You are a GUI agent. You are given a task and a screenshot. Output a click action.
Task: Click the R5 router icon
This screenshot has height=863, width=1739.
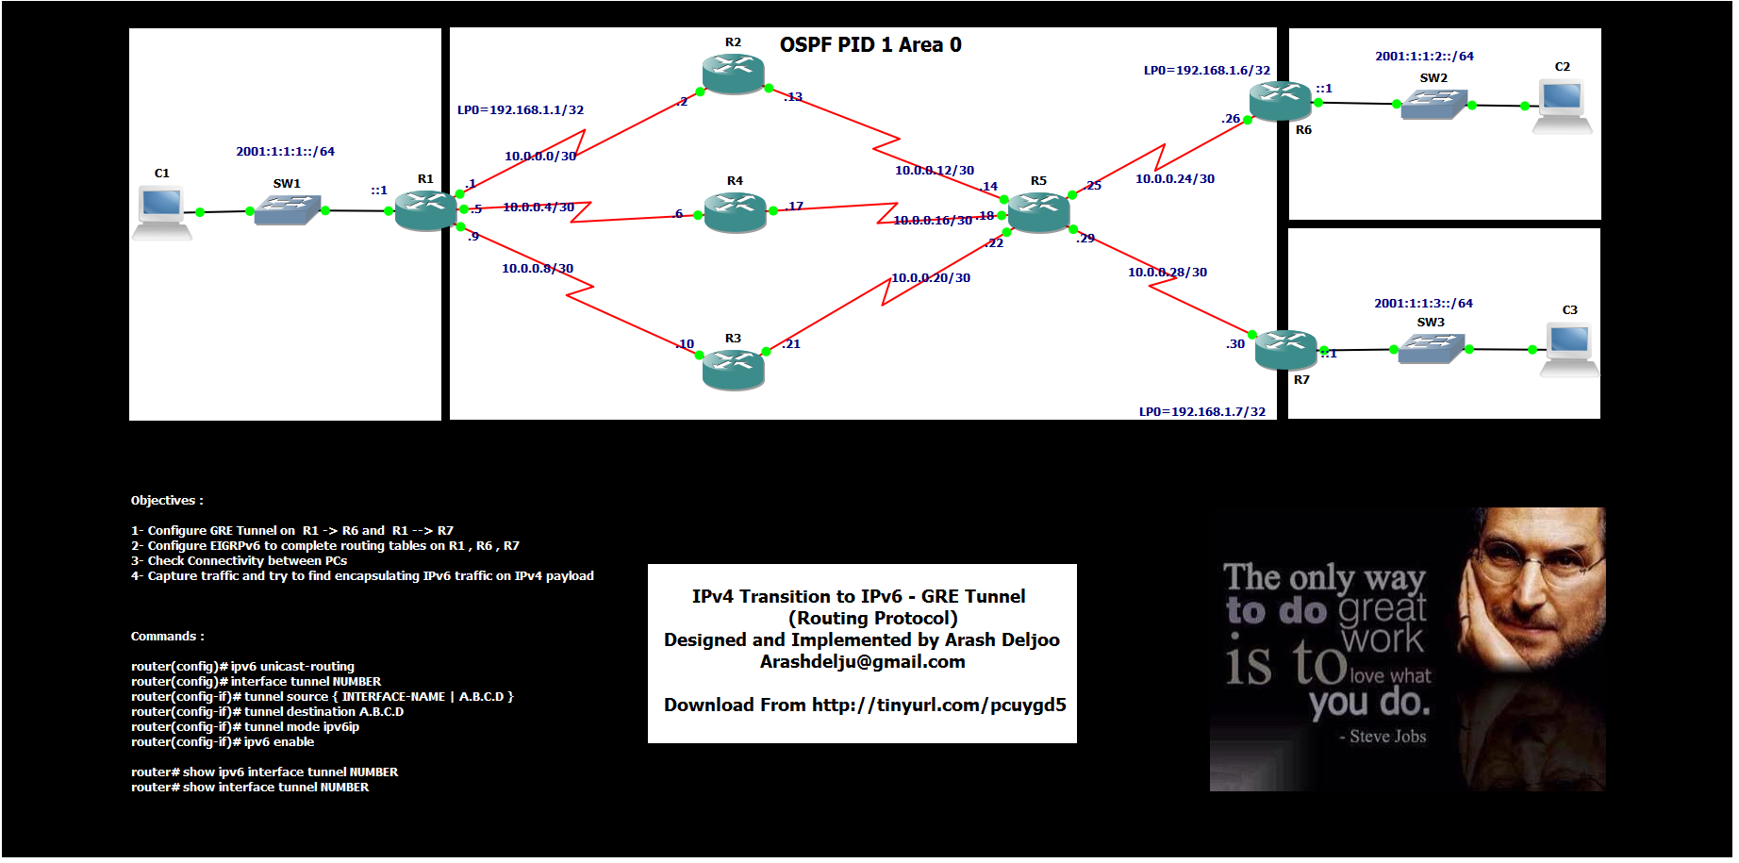click(1037, 212)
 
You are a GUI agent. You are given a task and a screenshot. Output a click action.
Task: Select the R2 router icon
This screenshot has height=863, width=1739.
click(733, 74)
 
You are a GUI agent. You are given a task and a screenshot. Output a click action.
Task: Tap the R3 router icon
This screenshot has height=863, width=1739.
click(733, 369)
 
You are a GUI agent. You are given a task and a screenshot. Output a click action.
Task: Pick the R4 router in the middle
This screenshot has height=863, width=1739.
click(735, 211)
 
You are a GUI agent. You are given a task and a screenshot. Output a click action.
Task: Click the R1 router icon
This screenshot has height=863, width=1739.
click(425, 209)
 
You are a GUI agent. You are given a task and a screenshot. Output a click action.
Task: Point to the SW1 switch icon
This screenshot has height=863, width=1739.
click(287, 209)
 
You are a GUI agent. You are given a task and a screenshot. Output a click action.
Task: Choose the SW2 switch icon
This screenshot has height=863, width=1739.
click(1433, 104)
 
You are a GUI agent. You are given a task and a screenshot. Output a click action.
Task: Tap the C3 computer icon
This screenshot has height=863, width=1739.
click(1568, 348)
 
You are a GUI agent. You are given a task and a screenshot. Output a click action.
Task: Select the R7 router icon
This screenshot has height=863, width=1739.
click(1285, 349)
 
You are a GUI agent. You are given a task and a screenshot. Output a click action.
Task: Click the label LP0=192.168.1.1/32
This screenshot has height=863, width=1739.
click(521, 110)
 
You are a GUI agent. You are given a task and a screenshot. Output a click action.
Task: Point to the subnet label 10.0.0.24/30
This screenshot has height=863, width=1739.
click(1174, 179)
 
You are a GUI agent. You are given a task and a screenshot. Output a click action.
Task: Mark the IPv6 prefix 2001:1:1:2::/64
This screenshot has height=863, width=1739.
click(1424, 57)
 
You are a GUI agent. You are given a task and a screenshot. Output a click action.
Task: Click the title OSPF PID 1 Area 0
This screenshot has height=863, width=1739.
click(869, 45)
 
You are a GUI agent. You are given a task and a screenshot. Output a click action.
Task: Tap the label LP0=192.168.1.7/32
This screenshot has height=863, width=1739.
click(1201, 412)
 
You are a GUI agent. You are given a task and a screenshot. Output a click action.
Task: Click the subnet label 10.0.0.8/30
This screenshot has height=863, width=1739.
click(538, 269)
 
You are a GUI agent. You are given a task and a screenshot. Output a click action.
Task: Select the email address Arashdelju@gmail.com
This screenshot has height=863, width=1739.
click(862, 662)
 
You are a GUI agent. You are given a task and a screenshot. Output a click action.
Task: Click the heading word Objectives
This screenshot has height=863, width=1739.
click(164, 501)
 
